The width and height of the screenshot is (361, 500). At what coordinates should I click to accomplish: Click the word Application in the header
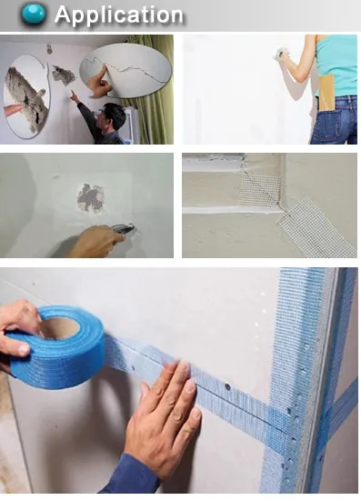pos(119,15)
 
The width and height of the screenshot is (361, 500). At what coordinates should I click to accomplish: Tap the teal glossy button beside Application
pos(34,14)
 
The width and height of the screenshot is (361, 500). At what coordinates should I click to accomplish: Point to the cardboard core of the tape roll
pos(61,328)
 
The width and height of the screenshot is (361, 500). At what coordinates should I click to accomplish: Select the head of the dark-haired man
pos(113,117)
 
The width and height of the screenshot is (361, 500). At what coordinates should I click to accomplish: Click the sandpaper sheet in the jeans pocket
pos(326,93)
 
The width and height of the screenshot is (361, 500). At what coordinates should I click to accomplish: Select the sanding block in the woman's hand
pos(281,54)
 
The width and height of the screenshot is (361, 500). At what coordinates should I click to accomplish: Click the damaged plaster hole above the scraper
pos(91,198)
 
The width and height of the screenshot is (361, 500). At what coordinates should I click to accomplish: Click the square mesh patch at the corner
pos(259,190)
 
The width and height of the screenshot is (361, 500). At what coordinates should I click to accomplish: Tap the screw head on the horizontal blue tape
pos(227,387)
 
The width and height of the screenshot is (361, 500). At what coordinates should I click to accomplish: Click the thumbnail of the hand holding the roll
pos(24,350)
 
